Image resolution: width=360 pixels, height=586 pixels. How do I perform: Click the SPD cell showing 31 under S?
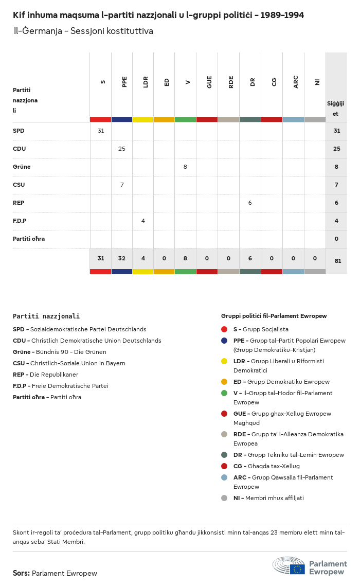[x=101, y=131]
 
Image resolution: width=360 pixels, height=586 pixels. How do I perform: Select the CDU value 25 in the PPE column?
[x=122, y=149]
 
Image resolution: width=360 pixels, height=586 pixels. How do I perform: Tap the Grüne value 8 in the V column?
[x=185, y=167]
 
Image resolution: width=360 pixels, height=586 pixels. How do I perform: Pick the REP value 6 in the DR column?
[x=250, y=203]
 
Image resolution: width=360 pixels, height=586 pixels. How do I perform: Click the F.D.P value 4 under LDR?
[x=143, y=221]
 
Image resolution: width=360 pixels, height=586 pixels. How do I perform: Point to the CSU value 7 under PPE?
[x=122, y=185]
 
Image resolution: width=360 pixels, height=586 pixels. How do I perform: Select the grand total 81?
[x=337, y=261]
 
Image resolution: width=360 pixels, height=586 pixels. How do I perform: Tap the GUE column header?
[x=209, y=82]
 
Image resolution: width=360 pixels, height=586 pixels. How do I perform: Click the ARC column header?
[x=296, y=82]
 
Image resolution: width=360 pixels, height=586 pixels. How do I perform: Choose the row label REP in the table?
[x=19, y=203]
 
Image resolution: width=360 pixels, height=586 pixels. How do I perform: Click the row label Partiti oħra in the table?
[x=29, y=239]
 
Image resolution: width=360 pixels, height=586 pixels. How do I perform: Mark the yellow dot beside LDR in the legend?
[x=224, y=361]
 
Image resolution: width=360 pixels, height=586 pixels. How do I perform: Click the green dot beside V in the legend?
[x=224, y=393]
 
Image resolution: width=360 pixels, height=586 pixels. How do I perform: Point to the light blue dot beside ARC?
[x=224, y=477]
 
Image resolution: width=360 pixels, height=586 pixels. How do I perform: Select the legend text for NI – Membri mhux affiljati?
[x=268, y=498]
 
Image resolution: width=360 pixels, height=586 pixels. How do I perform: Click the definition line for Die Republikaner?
[x=46, y=375]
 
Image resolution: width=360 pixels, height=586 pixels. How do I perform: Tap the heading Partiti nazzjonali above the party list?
[x=46, y=316]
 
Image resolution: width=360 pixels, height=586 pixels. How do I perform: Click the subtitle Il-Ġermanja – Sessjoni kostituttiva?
[x=83, y=31]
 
